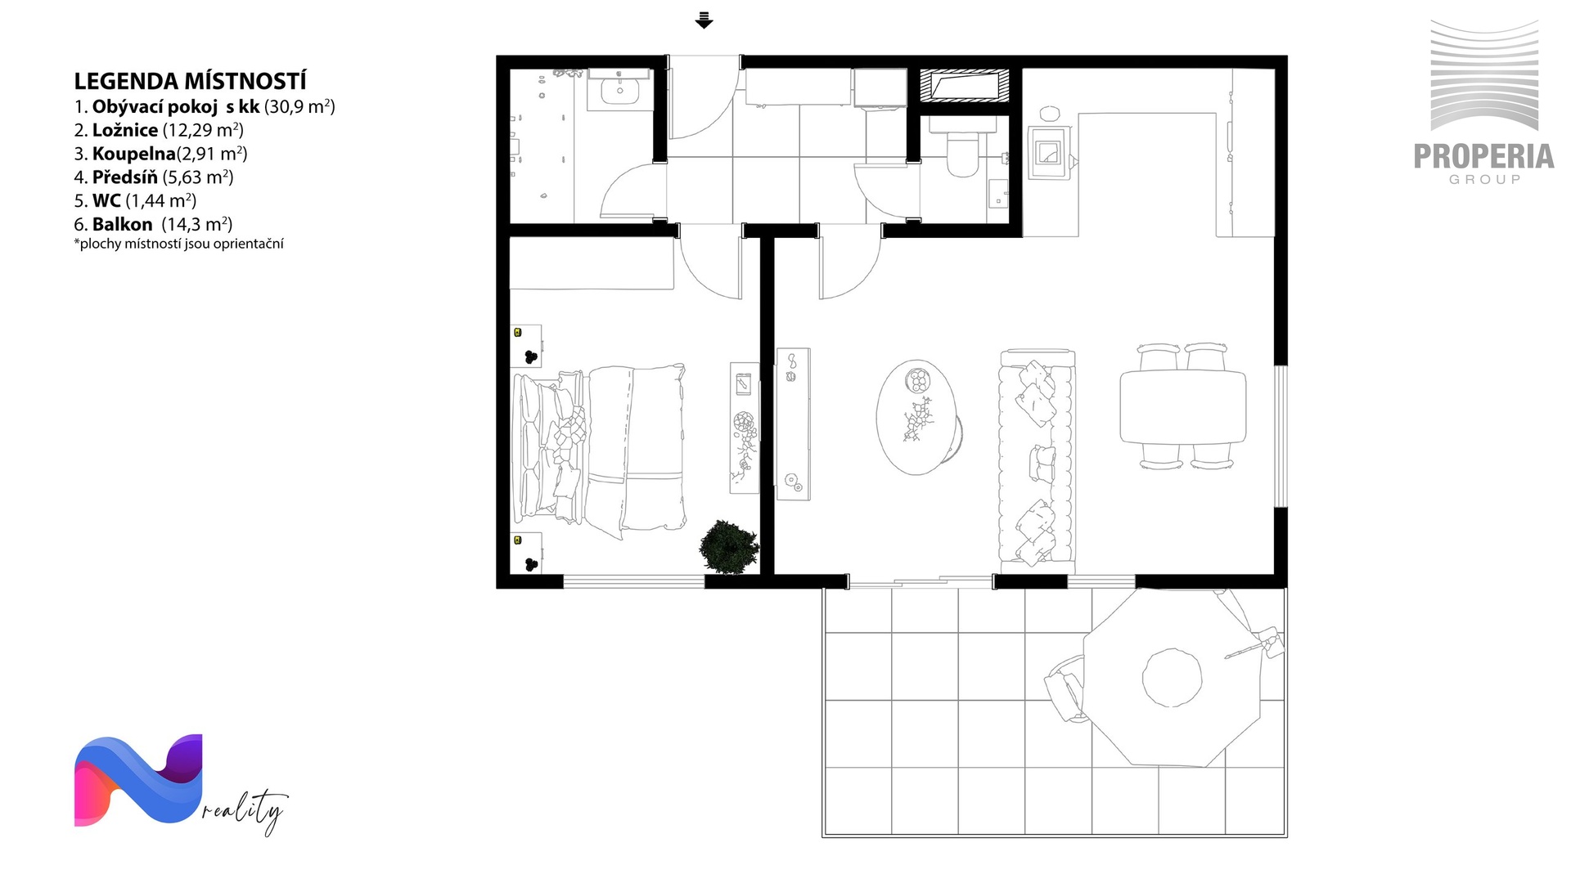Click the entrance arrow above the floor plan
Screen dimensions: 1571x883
pyautogui.click(x=704, y=20)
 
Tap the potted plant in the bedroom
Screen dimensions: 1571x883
pyautogui.click(x=727, y=546)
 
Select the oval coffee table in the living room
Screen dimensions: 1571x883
pyautogui.click(x=916, y=417)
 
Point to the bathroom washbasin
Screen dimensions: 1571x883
pyautogui.click(x=619, y=89)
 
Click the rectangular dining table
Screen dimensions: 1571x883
pyautogui.click(x=1182, y=406)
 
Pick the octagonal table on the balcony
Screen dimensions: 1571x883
pyautogui.click(x=1173, y=677)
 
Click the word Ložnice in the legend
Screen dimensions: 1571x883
pyautogui.click(x=125, y=130)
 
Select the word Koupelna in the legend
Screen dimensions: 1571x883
pyautogui.click(x=134, y=154)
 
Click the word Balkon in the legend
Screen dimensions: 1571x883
pyautogui.click(x=122, y=224)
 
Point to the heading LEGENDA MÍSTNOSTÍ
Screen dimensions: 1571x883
pyautogui.click(x=190, y=81)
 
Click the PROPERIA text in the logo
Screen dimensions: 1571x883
pyautogui.click(x=1484, y=156)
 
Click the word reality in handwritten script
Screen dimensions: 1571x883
pyautogui.click(x=245, y=811)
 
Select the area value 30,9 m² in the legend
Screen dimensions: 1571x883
pyautogui.click(x=299, y=106)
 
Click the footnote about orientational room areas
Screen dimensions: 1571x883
pyautogui.click(x=178, y=244)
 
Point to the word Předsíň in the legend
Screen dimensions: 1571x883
pyautogui.click(x=125, y=177)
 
